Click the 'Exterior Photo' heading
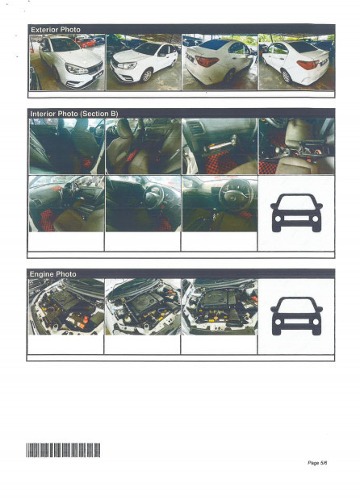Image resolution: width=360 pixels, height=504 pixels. point(55,29)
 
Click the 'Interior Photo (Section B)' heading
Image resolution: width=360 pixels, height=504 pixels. point(73,114)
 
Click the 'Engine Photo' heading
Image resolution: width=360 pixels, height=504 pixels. point(52,274)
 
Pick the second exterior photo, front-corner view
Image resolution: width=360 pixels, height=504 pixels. point(143,62)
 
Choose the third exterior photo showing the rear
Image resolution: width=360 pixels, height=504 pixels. point(219,62)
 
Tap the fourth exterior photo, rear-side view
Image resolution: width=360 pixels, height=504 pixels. point(296,62)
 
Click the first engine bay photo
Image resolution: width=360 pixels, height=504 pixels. point(66,306)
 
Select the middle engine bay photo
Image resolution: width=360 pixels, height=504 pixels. point(143,306)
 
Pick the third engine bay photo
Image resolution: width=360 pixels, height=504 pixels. point(219,306)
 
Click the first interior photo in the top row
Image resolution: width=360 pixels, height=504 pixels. point(66,146)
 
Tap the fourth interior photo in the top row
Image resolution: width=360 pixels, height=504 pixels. point(296,146)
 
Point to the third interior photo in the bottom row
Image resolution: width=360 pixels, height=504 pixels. point(219,203)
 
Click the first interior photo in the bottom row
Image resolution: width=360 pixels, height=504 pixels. point(66,203)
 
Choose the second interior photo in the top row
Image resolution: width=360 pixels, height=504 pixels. point(143,146)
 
